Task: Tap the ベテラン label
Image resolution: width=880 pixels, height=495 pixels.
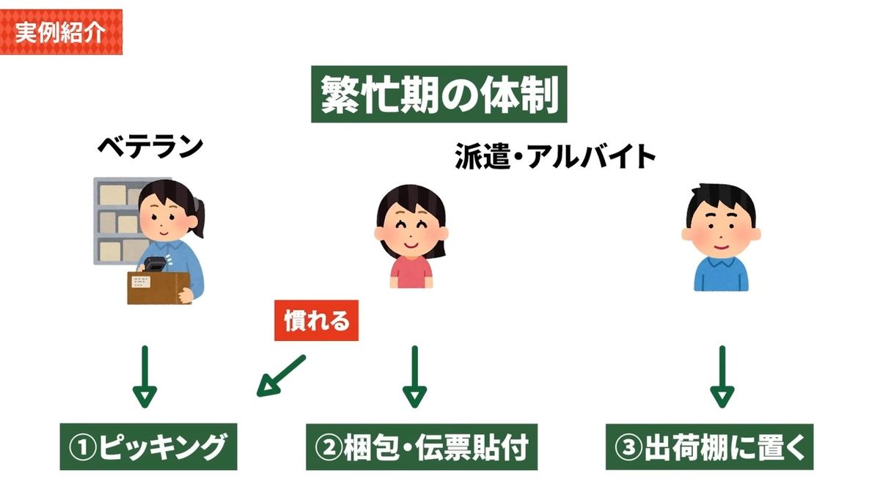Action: (150, 147)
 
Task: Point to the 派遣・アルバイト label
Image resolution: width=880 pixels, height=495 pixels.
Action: (554, 156)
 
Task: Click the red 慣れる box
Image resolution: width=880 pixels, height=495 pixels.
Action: (316, 320)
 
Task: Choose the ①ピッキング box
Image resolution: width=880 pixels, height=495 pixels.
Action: (148, 447)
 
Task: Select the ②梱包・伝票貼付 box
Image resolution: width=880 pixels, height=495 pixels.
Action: (422, 447)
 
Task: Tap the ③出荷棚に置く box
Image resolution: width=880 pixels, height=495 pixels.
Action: (709, 447)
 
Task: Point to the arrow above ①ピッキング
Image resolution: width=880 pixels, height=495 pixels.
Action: (144, 375)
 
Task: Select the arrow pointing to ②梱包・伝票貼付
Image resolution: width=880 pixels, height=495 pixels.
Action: (414, 375)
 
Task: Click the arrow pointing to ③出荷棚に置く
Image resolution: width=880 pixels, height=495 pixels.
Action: (722, 375)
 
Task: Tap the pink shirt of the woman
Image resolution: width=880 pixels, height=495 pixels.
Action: (411, 273)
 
